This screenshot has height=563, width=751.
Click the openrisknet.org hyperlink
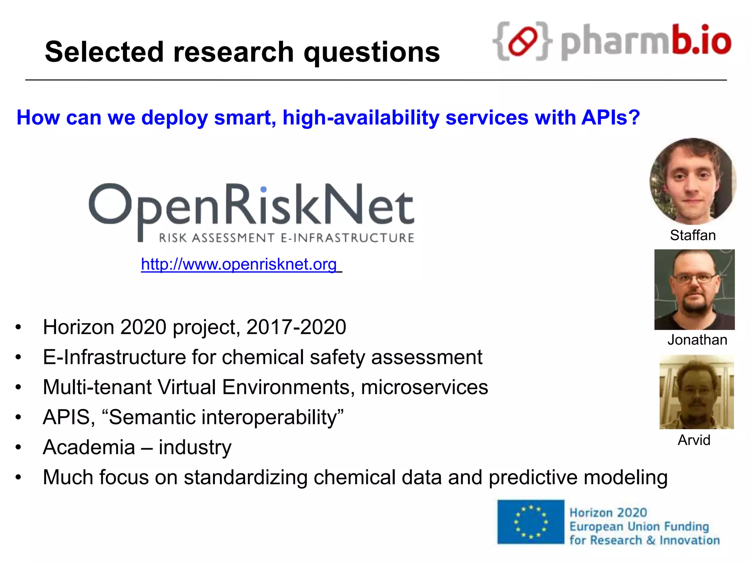point(239,264)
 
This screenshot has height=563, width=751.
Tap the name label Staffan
point(693,235)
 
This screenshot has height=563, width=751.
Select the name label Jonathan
point(697,340)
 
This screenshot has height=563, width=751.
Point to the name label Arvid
point(694,440)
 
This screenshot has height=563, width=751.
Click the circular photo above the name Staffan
point(693,181)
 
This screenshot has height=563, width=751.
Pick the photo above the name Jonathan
point(695,290)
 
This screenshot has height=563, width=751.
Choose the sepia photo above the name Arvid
point(696,392)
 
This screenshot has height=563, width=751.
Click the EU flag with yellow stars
point(530,522)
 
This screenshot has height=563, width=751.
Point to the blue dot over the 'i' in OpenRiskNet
point(263,189)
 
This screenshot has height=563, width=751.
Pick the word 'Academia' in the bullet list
point(89,447)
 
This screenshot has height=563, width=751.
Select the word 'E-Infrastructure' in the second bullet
point(114,357)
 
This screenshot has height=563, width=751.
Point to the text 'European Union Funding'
point(639,527)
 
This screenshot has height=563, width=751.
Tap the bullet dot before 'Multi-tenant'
point(18,387)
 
